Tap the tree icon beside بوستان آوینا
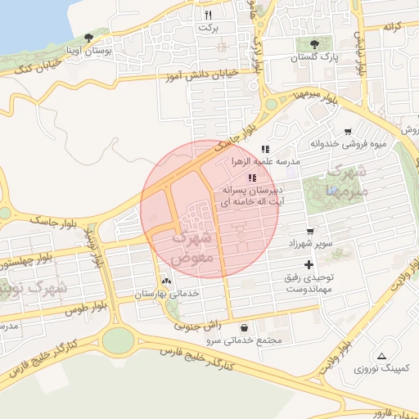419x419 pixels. coord(88,37)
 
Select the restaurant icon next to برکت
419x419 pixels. coord(208,15)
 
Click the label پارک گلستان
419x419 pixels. coord(315,58)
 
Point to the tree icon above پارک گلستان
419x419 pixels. coord(315,44)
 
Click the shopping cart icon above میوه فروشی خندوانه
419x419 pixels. coord(348,131)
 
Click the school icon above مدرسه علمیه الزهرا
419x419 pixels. coord(265,149)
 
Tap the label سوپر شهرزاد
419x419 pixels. coord(309,245)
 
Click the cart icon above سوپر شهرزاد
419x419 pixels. coord(309,232)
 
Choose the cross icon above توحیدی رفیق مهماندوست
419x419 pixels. coord(309,264)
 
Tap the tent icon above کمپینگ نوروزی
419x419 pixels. coord(382,356)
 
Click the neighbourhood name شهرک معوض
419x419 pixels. coord(193,246)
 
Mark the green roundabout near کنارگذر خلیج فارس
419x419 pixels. coord(118,339)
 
